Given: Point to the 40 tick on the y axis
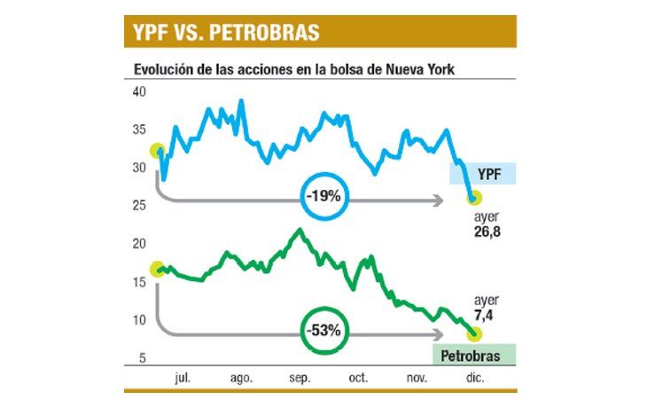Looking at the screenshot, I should point(138,92).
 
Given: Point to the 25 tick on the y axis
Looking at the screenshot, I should point(138,206).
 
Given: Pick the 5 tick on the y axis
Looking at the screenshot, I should point(141,357).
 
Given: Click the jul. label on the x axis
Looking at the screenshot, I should point(183,378).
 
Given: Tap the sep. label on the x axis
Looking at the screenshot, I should point(300,378).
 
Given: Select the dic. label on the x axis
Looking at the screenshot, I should point(474,378).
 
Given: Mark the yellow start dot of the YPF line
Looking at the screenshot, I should point(159,152).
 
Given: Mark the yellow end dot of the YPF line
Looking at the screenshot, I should point(473,200).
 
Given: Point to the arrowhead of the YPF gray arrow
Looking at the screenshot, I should point(438,202).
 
